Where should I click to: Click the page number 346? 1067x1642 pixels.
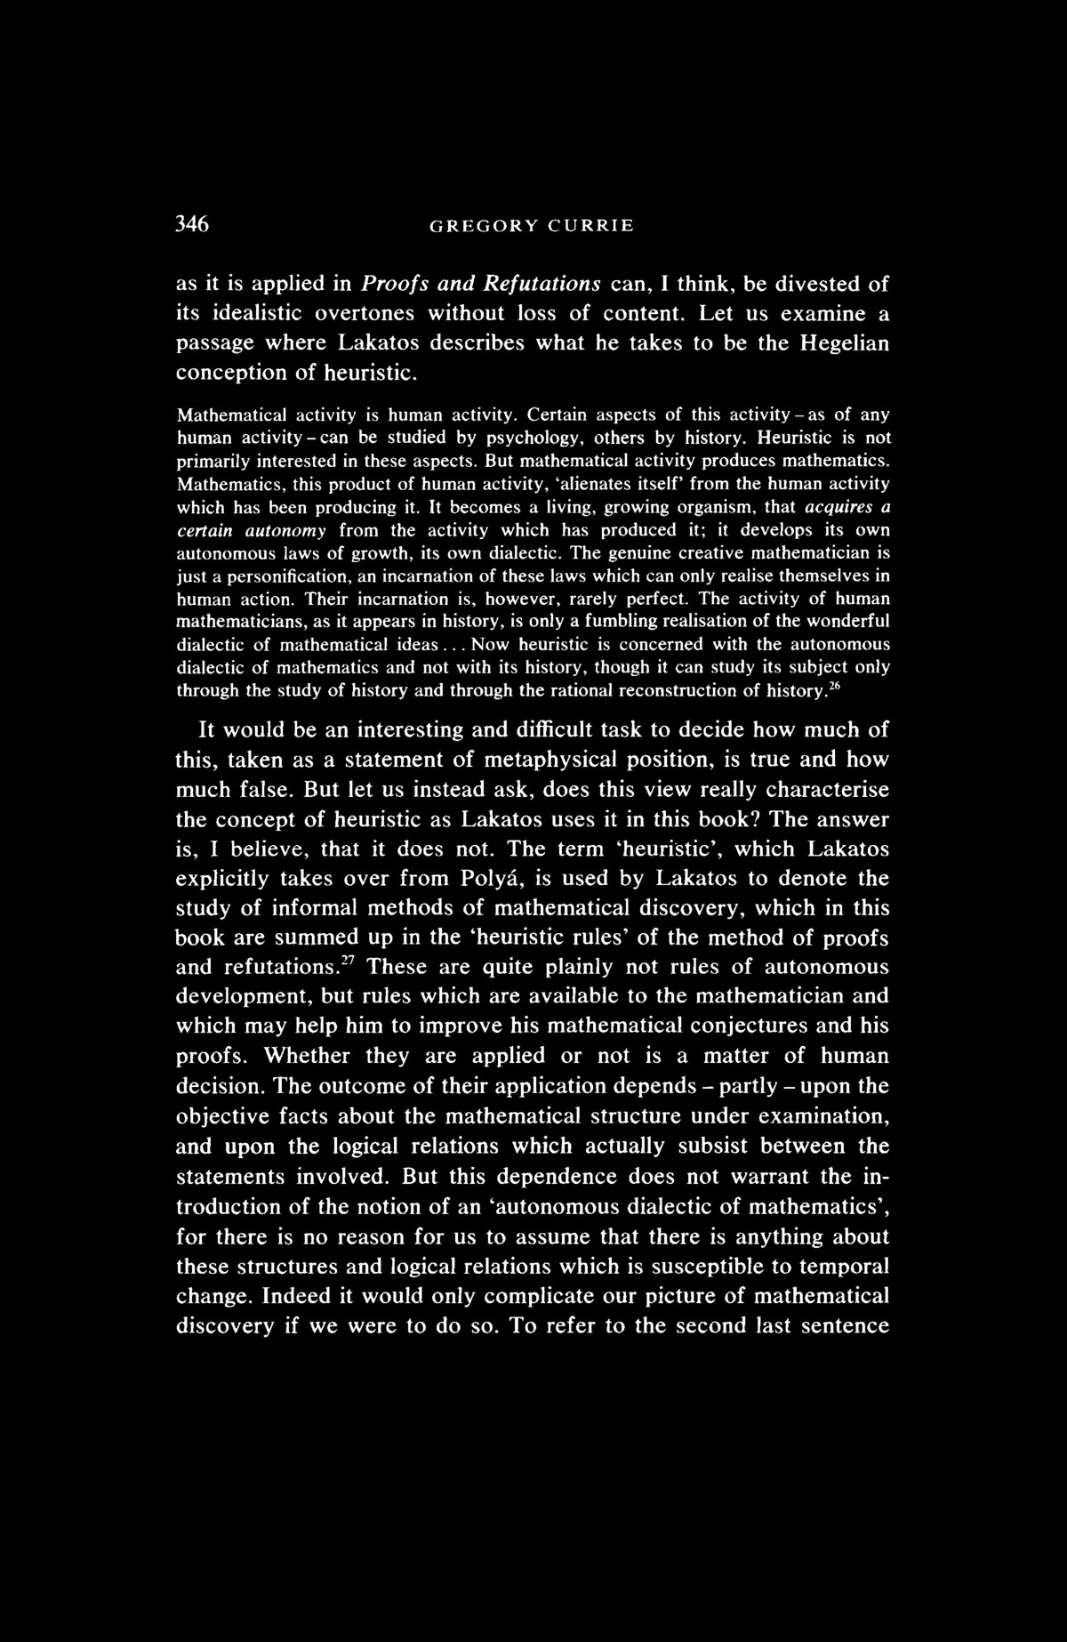coord(191,225)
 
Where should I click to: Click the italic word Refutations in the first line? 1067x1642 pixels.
coord(542,285)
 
